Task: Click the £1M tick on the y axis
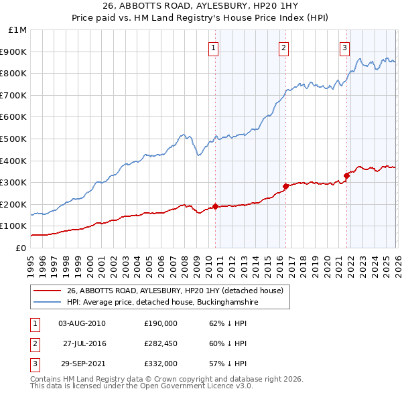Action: [18, 30]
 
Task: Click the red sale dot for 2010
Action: [215, 206]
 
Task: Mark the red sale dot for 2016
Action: [285, 186]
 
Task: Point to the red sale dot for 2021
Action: [347, 175]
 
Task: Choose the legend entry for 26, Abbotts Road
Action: [176, 291]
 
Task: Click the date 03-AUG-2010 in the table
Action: [82, 323]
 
